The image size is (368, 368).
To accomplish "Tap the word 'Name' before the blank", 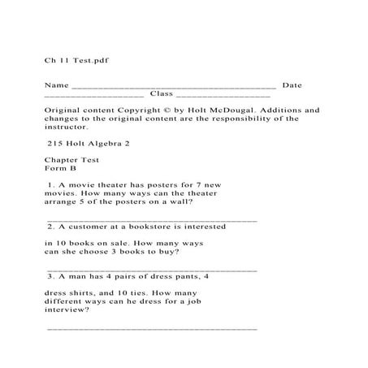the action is coord(56,84).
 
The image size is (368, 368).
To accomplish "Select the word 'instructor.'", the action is coord(69,127).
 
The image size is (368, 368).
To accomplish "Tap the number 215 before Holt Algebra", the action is coord(57,144).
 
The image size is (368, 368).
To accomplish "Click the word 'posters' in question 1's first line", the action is coord(171,186).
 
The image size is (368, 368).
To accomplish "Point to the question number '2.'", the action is coord(51,227).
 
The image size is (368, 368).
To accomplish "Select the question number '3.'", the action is coord(51,276).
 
